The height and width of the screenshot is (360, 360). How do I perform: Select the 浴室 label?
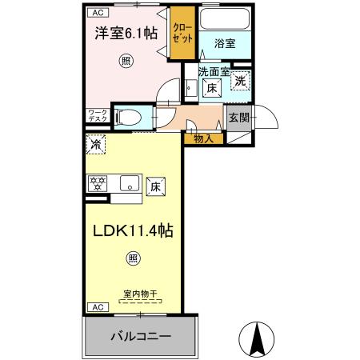click(225, 45)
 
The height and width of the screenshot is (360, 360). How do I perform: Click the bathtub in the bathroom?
click(225, 21)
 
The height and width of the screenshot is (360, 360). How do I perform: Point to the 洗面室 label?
click(214, 72)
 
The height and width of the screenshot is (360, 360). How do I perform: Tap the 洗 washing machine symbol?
click(240, 80)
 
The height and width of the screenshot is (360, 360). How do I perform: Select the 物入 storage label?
click(203, 139)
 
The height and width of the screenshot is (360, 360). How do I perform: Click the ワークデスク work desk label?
click(98, 115)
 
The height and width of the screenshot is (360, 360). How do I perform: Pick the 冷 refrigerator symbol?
click(96, 146)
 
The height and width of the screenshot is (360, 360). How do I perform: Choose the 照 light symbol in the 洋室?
click(126, 61)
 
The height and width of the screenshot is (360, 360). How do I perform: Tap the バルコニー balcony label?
click(140, 337)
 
